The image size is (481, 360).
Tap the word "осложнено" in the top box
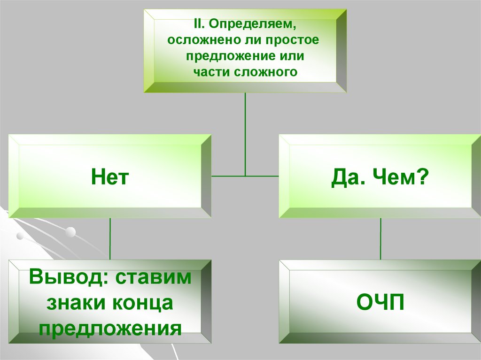coord(197,40)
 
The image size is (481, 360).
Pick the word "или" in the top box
coord(292,56)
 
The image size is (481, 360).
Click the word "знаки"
coord(74,303)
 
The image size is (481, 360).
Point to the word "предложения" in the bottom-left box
coord(110,328)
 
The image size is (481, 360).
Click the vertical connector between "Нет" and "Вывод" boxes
coord(110,238)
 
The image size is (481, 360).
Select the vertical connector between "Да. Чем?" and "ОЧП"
coord(380,238)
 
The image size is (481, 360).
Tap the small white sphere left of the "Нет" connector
coord(70,231)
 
